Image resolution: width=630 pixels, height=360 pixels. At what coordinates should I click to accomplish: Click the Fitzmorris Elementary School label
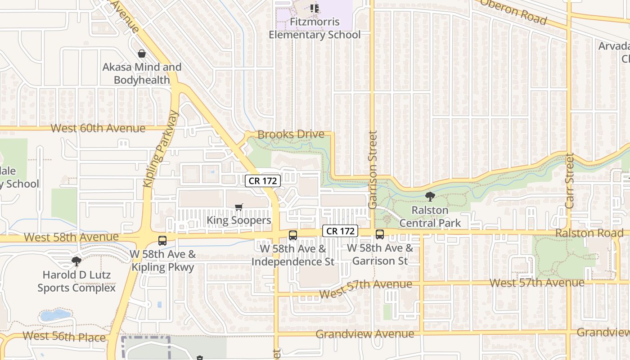click(x=315, y=28)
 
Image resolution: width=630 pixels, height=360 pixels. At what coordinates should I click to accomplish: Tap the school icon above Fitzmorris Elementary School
click(x=315, y=8)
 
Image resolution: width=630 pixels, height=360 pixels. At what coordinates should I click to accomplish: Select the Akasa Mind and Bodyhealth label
click(x=142, y=73)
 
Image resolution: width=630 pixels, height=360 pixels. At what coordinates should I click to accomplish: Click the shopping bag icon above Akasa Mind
click(x=142, y=54)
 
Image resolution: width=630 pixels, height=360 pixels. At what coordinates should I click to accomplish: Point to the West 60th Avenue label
click(x=98, y=128)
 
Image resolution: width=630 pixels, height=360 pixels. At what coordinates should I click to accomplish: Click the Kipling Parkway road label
click(x=161, y=149)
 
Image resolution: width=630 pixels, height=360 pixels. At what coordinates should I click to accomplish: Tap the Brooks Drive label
click(x=291, y=134)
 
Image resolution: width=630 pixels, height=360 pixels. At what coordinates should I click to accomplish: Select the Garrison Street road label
click(x=372, y=170)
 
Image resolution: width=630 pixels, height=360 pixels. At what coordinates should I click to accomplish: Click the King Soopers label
click(x=238, y=220)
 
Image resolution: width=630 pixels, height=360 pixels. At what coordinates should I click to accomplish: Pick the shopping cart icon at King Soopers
click(x=238, y=207)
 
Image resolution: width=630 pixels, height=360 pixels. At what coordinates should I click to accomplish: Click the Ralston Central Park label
click(x=430, y=216)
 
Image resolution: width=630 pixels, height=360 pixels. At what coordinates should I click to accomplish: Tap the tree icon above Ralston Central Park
click(x=430, y=197)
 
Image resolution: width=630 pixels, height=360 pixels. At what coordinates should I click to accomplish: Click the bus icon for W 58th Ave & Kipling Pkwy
click(x=162, y=241)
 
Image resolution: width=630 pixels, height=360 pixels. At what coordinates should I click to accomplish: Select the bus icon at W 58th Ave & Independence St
click(x=293, y=235)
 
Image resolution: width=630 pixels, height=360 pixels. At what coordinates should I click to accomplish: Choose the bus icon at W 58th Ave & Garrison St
click(x=380, y=234)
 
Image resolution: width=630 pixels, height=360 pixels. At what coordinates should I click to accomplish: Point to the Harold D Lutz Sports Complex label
click(x=76, y=281)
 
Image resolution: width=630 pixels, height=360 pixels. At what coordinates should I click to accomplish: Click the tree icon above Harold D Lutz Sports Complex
click(x=76, y=261)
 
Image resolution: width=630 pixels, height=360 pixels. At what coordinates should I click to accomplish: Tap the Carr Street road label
click(x=570, y=181)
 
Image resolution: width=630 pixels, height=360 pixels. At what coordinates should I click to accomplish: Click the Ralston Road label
click(x=589, y=233)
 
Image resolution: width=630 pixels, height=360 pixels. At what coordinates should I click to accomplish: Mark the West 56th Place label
click(x=64, y=336)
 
